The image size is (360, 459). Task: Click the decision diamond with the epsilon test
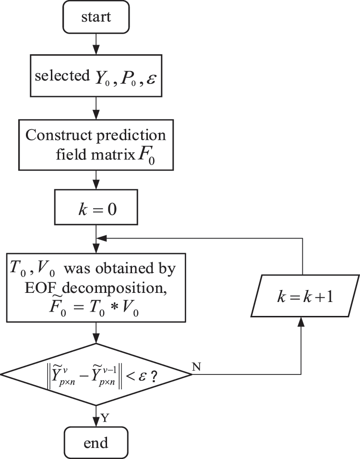click(96, 374)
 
